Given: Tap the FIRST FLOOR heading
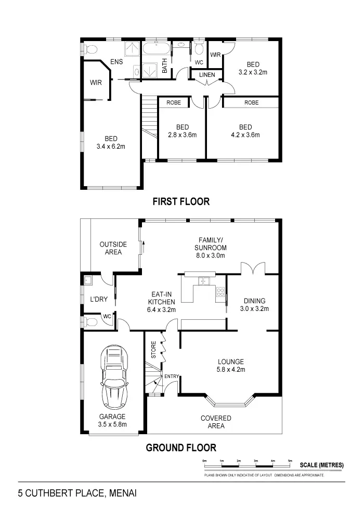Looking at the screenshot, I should pos(181,202).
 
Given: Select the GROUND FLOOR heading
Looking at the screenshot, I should pos(180,447).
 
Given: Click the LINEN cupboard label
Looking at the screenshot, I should pos(206,75).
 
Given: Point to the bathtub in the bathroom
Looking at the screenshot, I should pos(157,50).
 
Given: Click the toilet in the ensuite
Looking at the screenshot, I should pos(90,50).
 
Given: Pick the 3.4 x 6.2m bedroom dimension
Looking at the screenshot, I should pos(111,147).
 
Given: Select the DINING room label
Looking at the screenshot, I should pos(255,301).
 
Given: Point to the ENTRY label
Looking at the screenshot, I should pos(171,376).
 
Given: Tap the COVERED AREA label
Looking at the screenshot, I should pos(216,422).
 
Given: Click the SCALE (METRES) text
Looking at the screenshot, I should pos(321,465).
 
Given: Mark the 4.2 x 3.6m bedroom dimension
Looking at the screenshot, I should pos(245,135).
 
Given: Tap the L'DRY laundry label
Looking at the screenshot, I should pos(98,300).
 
